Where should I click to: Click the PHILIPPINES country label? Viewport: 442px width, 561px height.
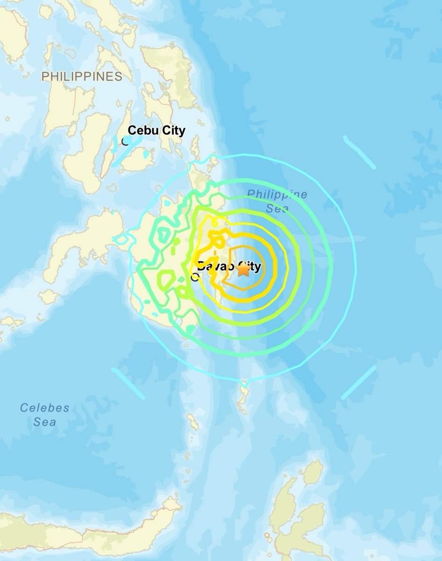point(82,76)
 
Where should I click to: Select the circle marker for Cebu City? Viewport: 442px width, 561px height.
point(125,140)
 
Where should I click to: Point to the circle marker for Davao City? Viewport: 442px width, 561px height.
point(194,276)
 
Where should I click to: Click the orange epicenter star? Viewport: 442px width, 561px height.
point(243,270)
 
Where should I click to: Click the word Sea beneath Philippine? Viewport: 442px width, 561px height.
point(278,209)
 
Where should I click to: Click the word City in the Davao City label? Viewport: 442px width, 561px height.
point(246,267)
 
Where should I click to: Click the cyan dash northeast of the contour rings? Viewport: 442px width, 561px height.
point(359,152)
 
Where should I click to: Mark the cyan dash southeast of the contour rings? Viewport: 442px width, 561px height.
point(358,382)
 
